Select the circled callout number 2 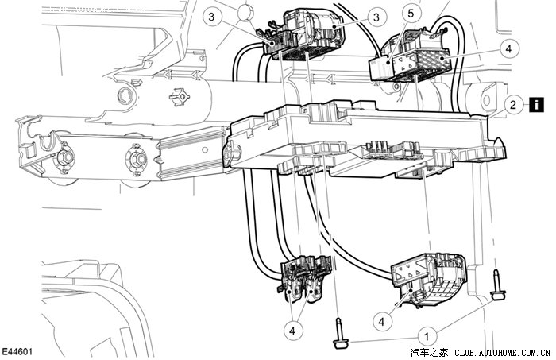click(x=515, y=104)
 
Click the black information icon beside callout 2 click(x=537, y=104)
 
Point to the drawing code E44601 click(x=17, y=350)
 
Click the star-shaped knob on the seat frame click(x=180, y=102)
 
